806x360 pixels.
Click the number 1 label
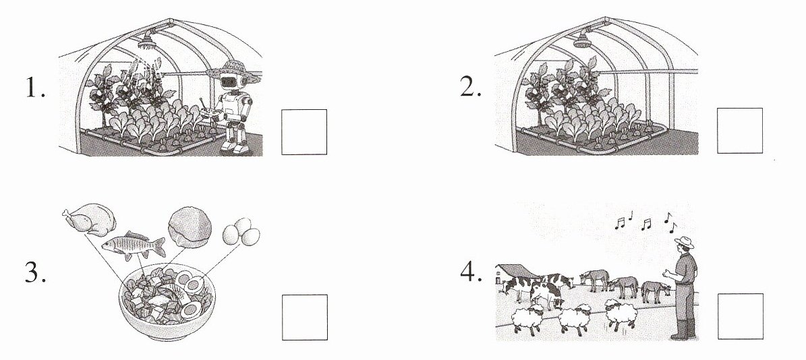click(x=34, y=90)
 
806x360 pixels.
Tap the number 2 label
click(x=470, y=88)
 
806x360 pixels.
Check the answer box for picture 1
click(x=304, y=131)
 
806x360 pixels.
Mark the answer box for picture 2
click(x=740, y=130)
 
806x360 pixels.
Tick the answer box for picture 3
click(x=304, y=317)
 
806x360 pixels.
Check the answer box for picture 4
click(x=740, y=316)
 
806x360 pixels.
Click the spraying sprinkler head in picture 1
click(x=148, y=39)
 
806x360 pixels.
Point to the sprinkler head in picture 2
click(x=583, y=39)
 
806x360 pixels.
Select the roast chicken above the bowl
click(x=89, y=219)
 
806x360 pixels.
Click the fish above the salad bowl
click(x=133, y=245)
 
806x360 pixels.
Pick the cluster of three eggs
click(x=241, y=232)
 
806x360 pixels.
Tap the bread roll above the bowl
click(x=190, y=227)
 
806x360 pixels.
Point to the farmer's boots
click(x=683, y=329)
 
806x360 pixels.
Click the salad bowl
click(x=167, y=301)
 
